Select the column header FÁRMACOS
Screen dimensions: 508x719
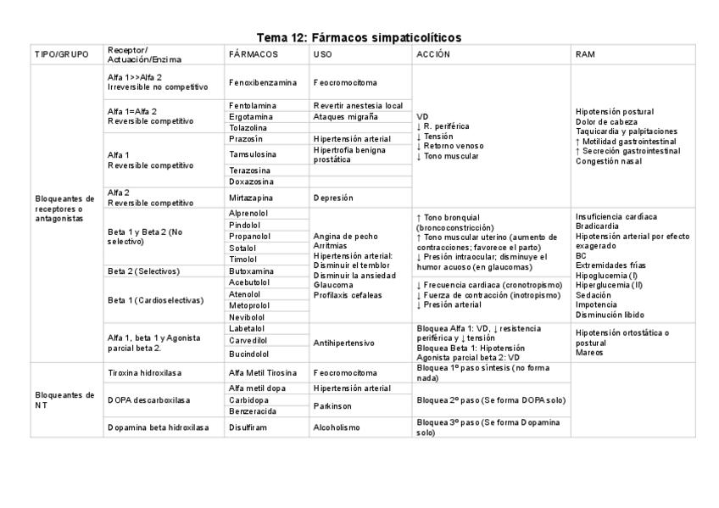pos(253,54)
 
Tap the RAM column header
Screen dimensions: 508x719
pos(585,54)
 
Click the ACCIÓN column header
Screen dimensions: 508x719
pos(432,54)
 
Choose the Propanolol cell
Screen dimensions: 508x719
pos(250,237)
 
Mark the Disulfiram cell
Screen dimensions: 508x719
pos(248,427)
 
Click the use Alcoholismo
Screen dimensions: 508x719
pos(337,427)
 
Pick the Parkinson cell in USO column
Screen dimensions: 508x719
pos(332,405)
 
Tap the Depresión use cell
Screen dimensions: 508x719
pos(333,198)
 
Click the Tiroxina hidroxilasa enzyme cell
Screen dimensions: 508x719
pos(145,372)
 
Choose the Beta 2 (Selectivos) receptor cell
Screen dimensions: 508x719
pos(143,271)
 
